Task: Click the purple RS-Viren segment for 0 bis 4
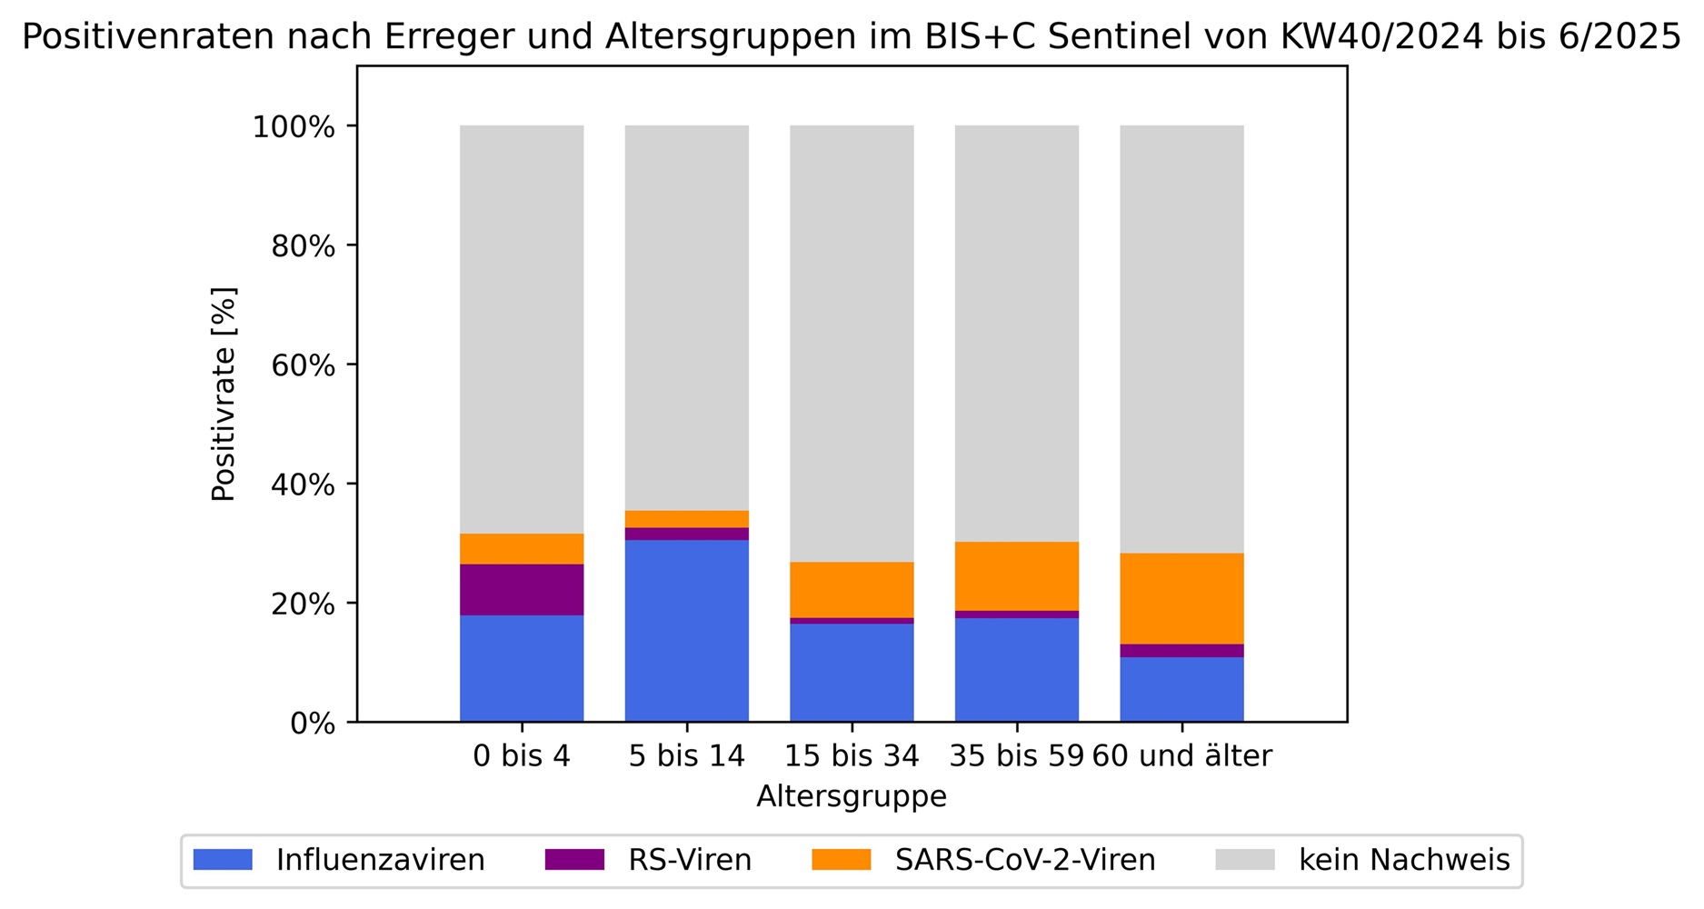coord(522,589)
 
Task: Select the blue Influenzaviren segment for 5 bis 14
coord(687,631)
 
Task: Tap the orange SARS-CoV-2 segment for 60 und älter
coord(1181,598)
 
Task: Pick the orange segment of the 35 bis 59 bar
coord(1016,576)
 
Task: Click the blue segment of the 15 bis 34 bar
coord(852,673)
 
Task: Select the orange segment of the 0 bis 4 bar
coord(522,549)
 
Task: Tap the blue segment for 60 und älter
coord(1181,689)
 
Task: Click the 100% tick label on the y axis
coord(294,127)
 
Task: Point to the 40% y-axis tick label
coord(303,485)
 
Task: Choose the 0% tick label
coord(312,724)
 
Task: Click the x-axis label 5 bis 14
coord(686,756)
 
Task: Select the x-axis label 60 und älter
coord(1181,756)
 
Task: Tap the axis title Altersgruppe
coord(852,797)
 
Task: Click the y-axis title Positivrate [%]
coord(224,394)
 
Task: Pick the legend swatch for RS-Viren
coord(574,860)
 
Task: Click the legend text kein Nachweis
coord(1404,860)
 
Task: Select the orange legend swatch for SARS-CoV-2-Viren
coord(841,860)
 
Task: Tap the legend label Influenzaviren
coord(380,860)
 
